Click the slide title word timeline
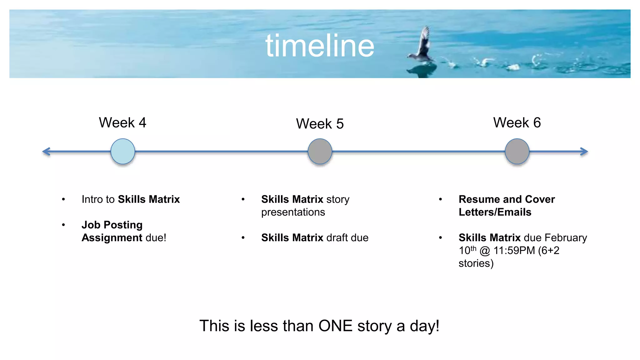point(320,46)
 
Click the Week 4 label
point(122,122)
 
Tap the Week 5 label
point(320,124)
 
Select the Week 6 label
point(517,122)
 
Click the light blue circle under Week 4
point(123,152)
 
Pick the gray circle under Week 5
point(320,152)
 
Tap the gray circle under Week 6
point(517,152)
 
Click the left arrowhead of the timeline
point(46,152)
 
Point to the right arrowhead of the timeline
point(584,152)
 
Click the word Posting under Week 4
point(123,225)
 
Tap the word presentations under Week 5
point(293,212)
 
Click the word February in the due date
point(566,238)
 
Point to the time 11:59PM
point(514,251)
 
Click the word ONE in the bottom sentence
point(336,326)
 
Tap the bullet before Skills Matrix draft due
point(243,238)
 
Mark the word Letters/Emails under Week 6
point(495,212)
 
